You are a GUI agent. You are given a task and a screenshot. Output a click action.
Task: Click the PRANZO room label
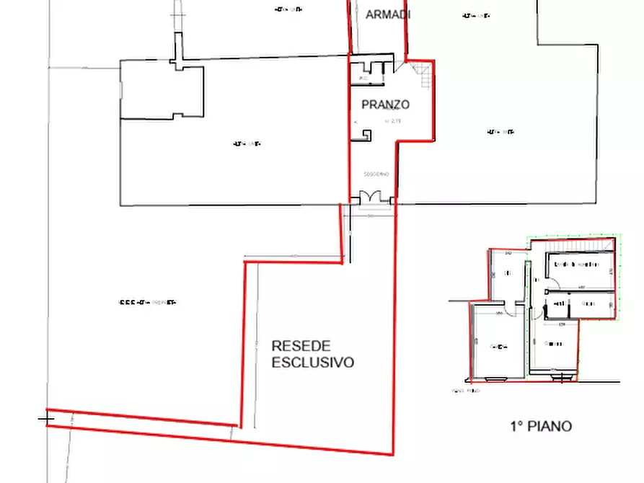pos(385,105)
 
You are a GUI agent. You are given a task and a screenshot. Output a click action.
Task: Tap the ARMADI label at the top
pos(388,14)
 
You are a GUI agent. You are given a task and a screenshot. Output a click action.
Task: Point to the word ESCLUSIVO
pos(313,363)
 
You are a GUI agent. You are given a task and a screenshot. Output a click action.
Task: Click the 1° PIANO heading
pos(540,426)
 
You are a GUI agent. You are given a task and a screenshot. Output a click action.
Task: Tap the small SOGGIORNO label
pos(376,174)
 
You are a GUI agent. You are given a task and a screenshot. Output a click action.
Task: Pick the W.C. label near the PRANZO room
pos(363,77)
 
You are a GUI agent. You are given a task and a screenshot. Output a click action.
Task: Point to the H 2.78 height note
pos(392,121)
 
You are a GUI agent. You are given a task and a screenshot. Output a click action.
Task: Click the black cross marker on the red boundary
pos(46,417)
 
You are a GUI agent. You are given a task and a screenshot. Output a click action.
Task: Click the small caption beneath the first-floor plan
pos(465,391)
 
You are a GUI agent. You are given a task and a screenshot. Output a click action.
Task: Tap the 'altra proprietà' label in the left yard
pos(147,303)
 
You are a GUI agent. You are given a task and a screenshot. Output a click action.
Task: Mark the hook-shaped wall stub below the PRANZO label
pos(365,135)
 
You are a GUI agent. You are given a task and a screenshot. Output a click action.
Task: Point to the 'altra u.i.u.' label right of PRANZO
pos(500,132)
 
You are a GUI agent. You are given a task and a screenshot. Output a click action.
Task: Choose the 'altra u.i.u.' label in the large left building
pos(246,143)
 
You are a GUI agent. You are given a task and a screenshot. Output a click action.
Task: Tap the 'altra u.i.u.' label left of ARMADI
pos(288,9)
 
